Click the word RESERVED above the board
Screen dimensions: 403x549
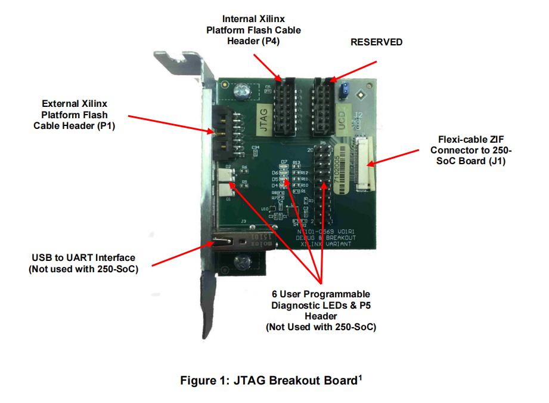[376, 42]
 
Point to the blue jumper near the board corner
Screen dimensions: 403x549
[344, 90]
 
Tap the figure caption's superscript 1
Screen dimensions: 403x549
[360, 376]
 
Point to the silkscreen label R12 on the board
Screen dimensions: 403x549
[304, 173]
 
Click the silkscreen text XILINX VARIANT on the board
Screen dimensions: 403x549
[324, 244]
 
